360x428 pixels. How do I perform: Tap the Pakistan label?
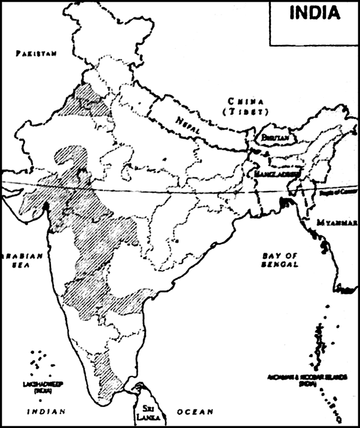pyautogui.click(x=36, y=53)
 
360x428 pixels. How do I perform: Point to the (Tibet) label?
pyautogui.click(x=245, y=111)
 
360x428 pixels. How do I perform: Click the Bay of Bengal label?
pyautogui.click(x=280, y=260)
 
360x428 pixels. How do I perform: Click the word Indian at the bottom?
pyautogui.click(x=42, y=412)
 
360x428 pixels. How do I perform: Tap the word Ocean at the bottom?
pyautogui.click(x=195, y=412)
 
